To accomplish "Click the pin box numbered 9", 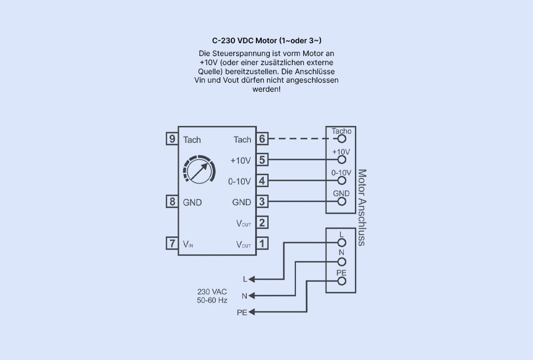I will click(x=172, y=139).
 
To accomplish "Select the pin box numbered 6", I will click(x=262, y=139).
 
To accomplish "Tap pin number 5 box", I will click(x=262, y=159).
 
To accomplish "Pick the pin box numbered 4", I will click(x=262, y=181).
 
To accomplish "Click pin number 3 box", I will click(x=262, y=202).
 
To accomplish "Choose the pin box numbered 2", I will click(x=262, y=222).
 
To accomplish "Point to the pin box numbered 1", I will click(x=262, y=243).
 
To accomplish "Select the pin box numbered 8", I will click(x=172, y=202).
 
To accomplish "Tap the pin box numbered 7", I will click(x=172, y=243).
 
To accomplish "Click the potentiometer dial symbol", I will click(x=198, y=171).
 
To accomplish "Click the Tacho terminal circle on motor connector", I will click(x=342, y=139).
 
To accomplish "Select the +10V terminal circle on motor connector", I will click(x=342, y=159).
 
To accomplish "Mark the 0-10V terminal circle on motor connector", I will click(x=342, y=181).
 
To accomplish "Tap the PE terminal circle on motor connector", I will click(x=342, y=281).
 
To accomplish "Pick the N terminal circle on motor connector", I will click(x=342, y=261).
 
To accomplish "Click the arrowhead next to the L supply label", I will click(x=253, y=279).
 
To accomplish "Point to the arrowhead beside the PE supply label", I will click(x=253, y=312).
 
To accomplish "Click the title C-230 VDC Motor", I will click(x=266, y=41).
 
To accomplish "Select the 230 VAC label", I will click(x=212, y=292).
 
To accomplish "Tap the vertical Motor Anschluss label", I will click(x=362, y=207).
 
